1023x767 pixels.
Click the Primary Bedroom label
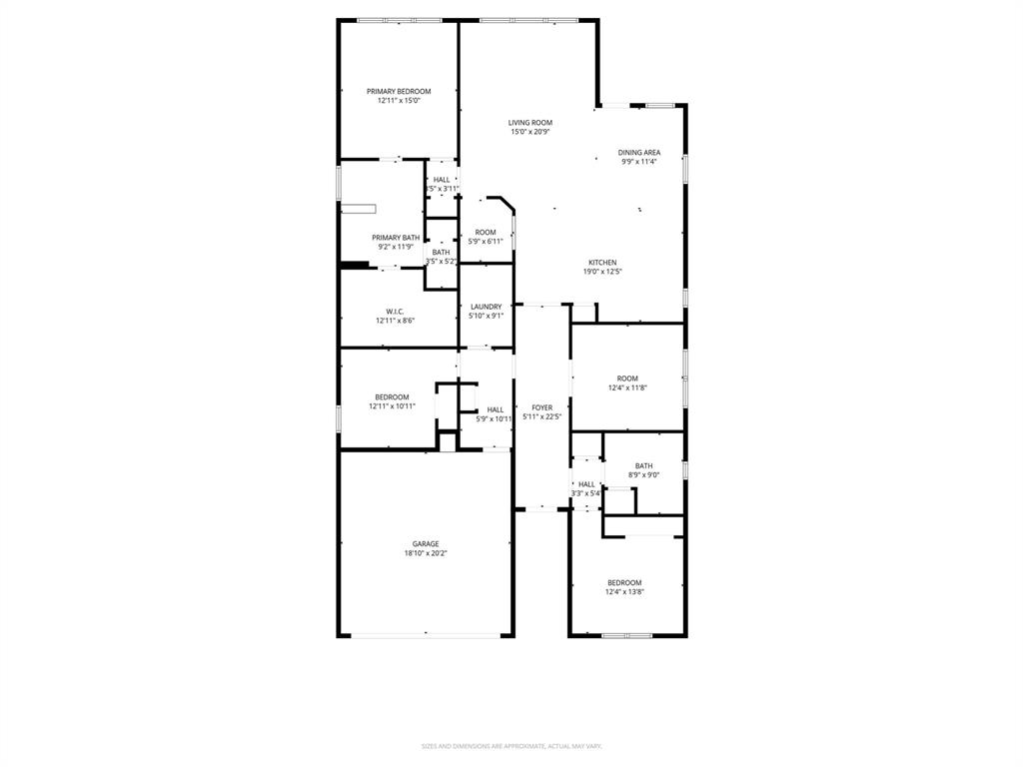coord(398,91)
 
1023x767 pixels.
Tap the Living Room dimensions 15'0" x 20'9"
coord(530,132)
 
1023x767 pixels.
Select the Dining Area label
coord(638,153)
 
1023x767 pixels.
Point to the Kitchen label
coord(601,263)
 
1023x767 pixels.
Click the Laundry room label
coord(486,307)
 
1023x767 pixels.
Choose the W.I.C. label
coord(395,312)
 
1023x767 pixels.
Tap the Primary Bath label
coord(396,238)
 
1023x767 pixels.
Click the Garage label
coord(426,544)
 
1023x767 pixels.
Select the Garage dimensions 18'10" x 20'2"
coord(426,553)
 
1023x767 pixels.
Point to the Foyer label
coord(541,407)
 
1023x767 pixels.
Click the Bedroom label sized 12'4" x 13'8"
coord(624,582)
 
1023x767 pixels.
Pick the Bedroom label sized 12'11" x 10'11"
coord(392,396)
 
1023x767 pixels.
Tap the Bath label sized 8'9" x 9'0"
coord(643,465)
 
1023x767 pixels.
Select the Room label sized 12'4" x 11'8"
coord(626,379)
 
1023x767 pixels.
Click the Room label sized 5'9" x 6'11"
coord(486,233)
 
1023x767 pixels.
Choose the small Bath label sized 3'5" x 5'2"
coord(441,252)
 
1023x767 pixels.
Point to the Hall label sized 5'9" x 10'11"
coord(496,409)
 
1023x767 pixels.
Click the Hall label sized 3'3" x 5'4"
coord(586,484)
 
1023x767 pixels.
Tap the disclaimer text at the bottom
coord(511,746)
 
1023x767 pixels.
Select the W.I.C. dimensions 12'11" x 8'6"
coord(395,321)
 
